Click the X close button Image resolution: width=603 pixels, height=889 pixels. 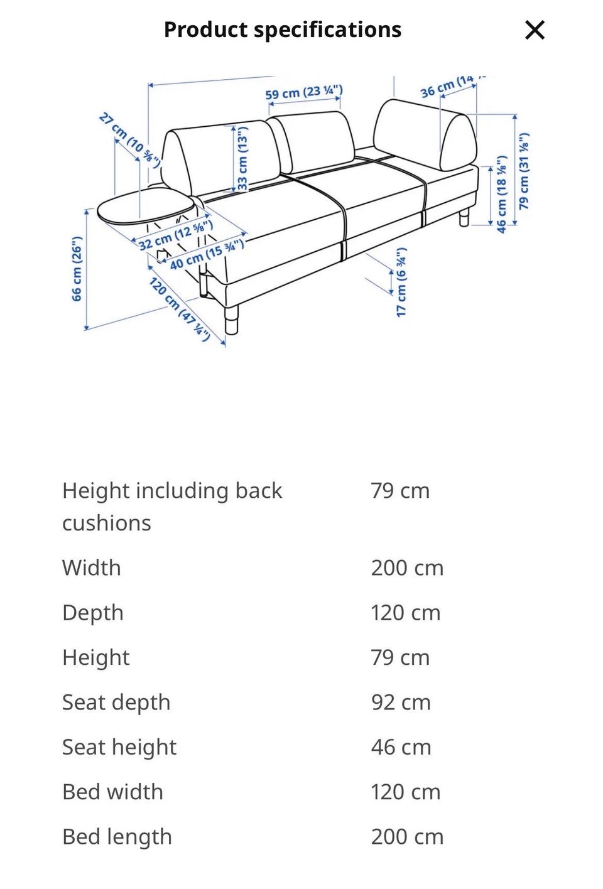(x=535, y=30)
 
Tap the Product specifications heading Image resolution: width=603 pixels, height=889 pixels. (x=282, y=30)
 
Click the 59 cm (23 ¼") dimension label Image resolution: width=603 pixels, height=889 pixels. (x=303, y=93)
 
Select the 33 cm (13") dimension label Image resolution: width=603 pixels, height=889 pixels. (x=242, y=158)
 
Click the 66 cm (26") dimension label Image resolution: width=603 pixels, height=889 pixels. (x=77, y=269)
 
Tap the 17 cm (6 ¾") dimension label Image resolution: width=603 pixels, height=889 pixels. (x=401, y=282)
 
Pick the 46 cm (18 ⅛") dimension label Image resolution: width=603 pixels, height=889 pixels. (x=501, y=195)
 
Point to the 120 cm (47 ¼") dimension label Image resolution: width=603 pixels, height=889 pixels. (x=179, y=308)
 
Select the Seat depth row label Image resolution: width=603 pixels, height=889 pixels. (x=116, y=702)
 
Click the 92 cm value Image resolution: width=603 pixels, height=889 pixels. (x=401, y=702)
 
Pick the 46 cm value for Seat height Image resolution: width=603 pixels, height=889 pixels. (x=401, y=747)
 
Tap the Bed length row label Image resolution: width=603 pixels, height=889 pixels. (x=117, y=836)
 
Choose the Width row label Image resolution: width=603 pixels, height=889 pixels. (x=92, y=568)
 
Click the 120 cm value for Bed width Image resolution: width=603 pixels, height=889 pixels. (x=405, y=792)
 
